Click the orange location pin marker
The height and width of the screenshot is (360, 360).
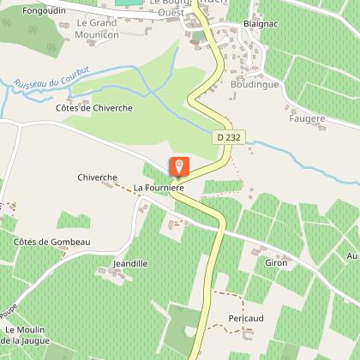pos(179,167)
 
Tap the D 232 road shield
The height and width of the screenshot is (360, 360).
pos(225,137)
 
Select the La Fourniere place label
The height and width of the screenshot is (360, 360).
pos(159,186)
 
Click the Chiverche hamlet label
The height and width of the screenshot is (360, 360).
pos(97,177)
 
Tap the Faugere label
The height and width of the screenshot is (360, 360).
pos(309,119)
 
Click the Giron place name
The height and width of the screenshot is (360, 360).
pos(276,262)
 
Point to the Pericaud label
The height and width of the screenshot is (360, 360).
pos(247,318)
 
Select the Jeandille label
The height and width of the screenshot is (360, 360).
pos(131,263)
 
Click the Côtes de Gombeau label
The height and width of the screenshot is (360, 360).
pos(52,243)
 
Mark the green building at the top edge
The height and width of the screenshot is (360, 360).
pos(129,3)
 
